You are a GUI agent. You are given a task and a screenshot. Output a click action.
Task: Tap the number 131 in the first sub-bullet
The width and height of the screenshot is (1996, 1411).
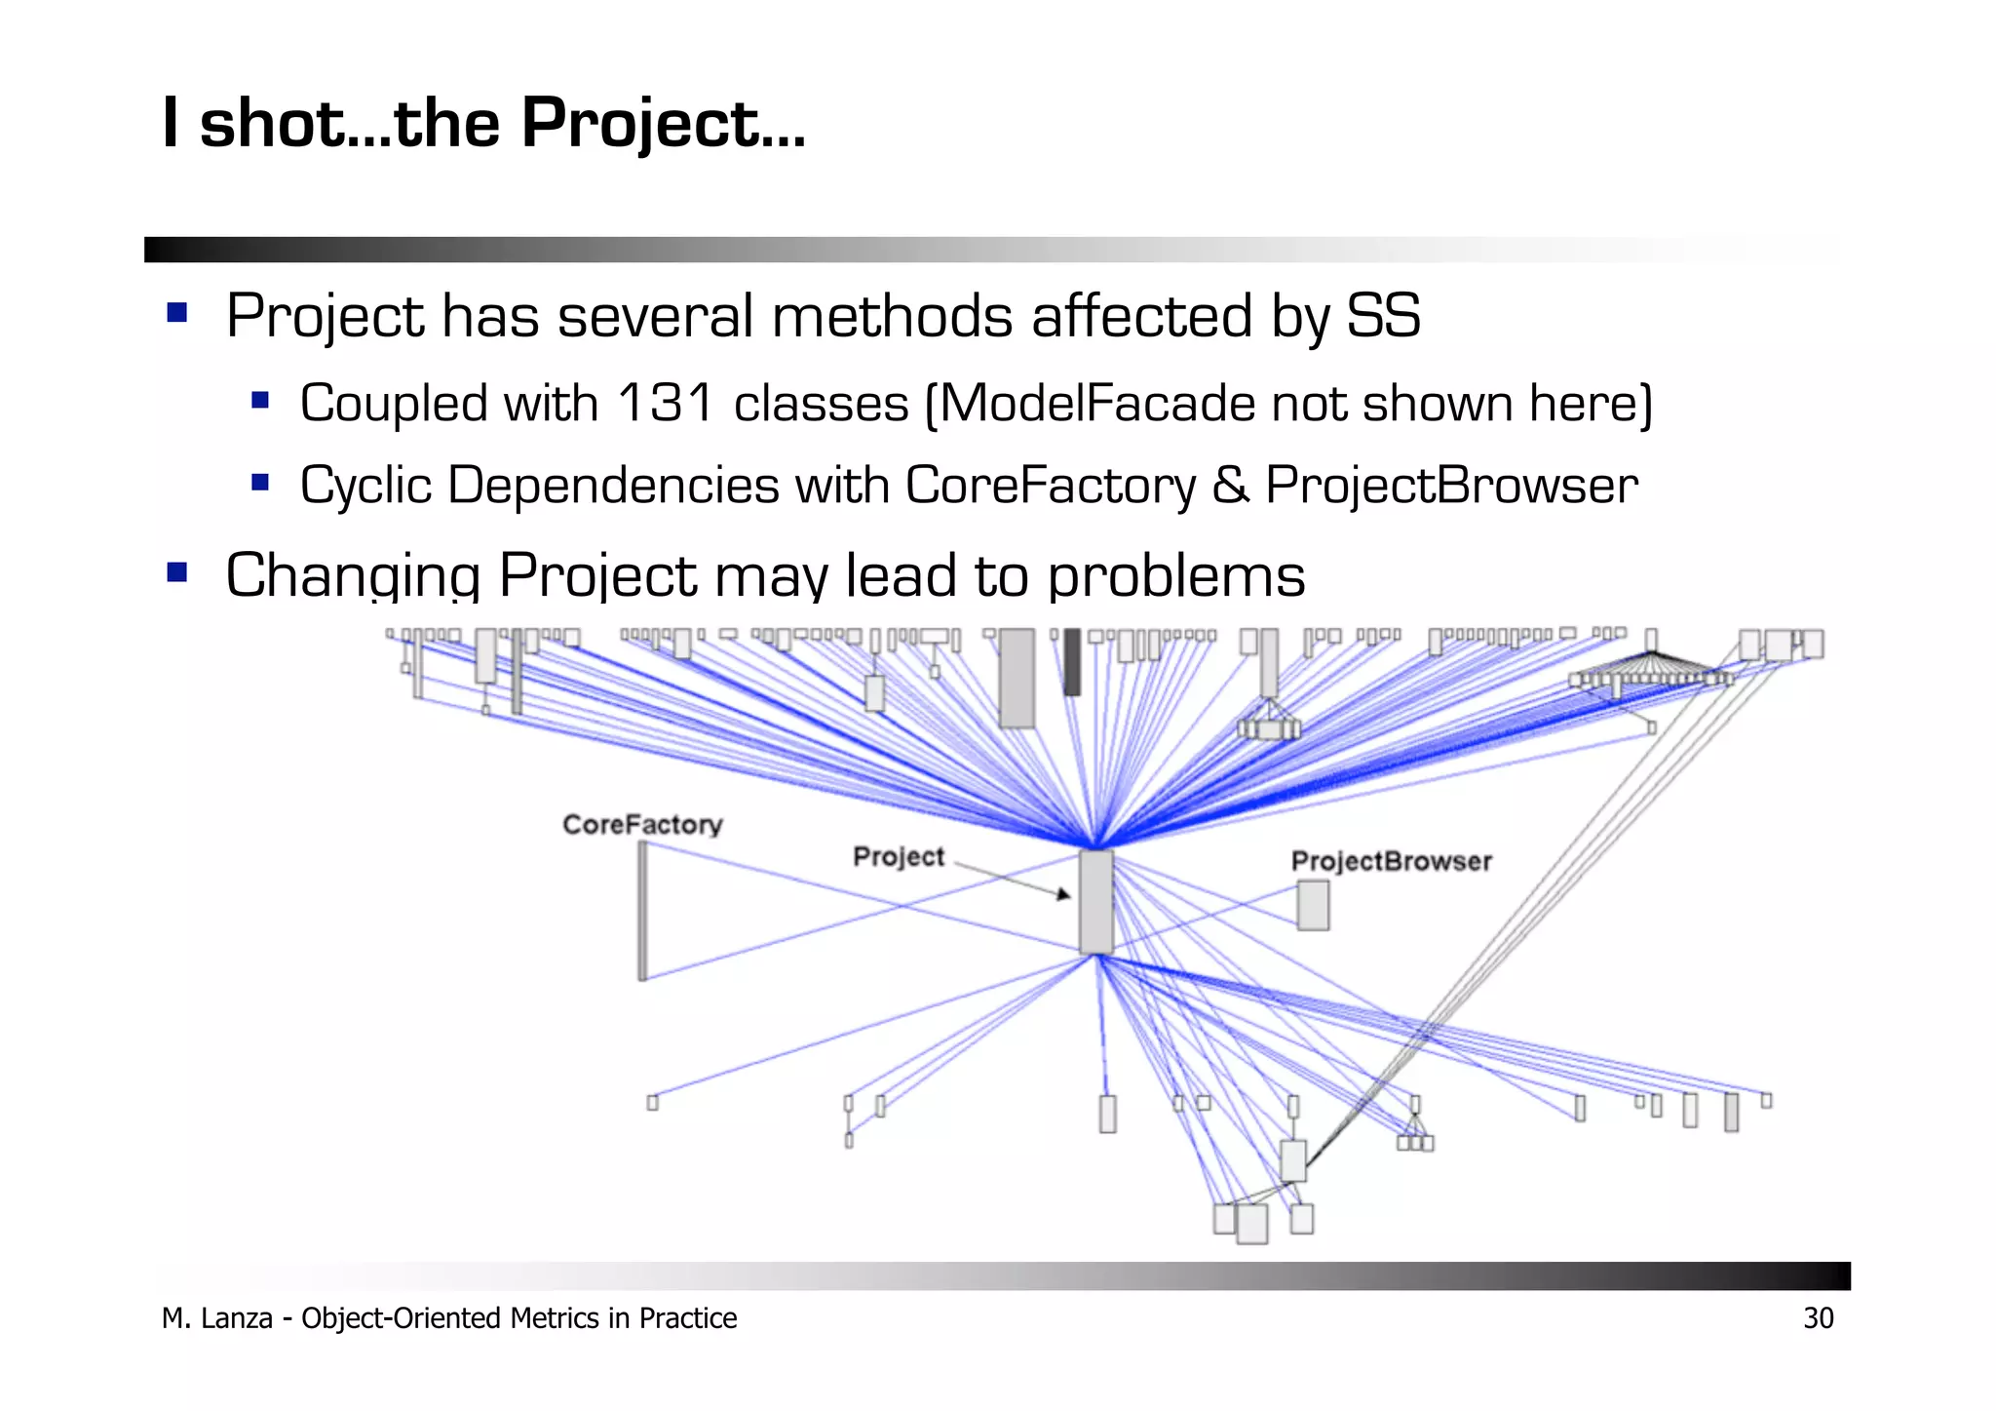click(x=667, y=404)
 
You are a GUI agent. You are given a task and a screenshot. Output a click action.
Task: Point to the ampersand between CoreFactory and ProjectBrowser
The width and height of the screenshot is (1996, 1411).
click(x=1230, y=486)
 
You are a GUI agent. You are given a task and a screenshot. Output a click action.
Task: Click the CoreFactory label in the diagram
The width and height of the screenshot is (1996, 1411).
click(x=642, y=825)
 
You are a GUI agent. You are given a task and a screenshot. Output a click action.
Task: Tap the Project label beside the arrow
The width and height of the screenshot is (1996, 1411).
click(x=898, y=857)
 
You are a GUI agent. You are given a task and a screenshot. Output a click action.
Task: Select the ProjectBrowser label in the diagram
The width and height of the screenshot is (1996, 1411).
click(x=1391, y=861)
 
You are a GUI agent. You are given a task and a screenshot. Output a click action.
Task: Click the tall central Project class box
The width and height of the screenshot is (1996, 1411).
click(x=1095, y=901)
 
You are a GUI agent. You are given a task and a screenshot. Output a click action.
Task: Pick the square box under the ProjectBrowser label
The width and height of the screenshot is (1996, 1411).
click(x=1312, y=905)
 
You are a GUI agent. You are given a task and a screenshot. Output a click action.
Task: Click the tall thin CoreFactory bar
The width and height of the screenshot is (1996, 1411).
click(x=642, y=911)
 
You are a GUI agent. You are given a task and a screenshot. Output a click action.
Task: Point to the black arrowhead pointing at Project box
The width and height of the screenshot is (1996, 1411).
click(x=1063, y=893)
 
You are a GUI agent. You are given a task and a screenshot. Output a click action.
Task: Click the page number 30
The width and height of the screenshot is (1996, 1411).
click(x=1818, y=1318)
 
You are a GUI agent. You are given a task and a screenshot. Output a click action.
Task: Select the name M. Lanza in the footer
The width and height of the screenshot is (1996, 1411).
click(x=216, y=1318)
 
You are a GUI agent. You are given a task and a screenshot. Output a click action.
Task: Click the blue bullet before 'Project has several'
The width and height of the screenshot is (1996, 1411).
click(x=176, y=313)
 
